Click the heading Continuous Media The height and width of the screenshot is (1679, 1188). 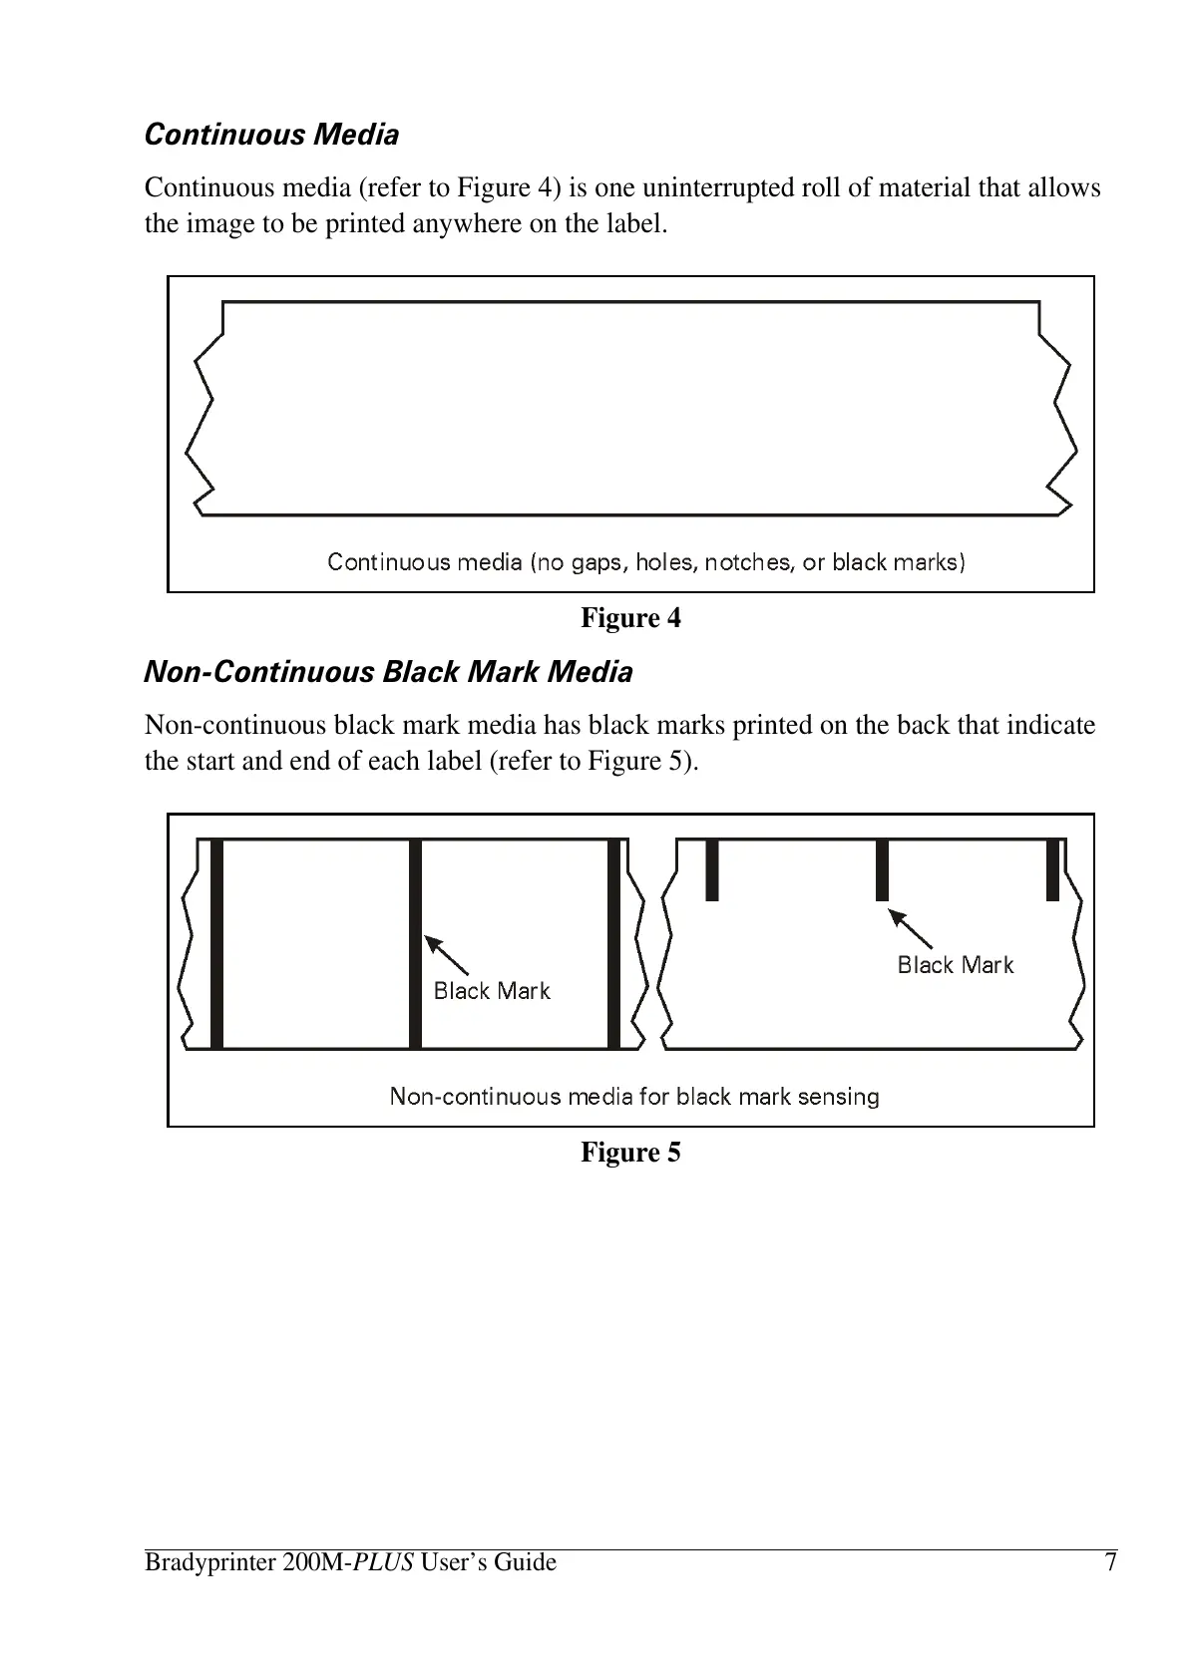pyautogui.click(x=271, y=135)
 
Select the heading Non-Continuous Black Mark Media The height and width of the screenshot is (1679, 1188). pyautogui.click(x=388, y=672)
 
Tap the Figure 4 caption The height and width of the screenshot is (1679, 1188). pyautogui.click(x=630, y=618)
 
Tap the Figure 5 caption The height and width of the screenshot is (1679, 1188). pyautogui.click(x=630, y=1153)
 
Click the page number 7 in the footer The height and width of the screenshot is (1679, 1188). pyautogui.click(x=1109, y=1561)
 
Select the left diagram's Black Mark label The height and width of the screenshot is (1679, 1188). pyautogui.click(x=492, y=991)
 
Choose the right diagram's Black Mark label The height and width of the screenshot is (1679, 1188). pyautogui.click(x=955, y=965)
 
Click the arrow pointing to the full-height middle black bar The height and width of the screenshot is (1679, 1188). pyautogui.click(x=447, y=954)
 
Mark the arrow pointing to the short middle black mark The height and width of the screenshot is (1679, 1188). pyautogui.click(x=910, y=928)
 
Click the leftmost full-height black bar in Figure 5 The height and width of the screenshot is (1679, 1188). pyautogui.click(x=216, y=943)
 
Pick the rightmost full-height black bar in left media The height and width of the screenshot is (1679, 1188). pyautogui.click(x=614, y=943)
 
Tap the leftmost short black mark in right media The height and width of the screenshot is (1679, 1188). pyautogui.click(x=711, y=869)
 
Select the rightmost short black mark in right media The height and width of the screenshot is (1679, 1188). pyautogui.click(x=1052, y=869)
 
